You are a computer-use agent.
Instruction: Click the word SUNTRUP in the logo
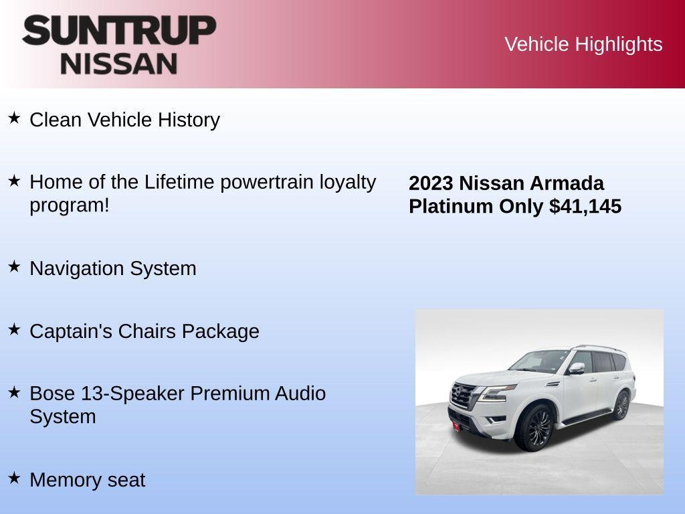point(119,31)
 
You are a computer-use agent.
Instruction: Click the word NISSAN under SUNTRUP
point(119,64)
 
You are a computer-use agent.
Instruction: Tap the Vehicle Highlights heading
point(583,44)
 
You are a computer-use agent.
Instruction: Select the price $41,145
point(585,206)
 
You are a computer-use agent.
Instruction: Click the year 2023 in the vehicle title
point(431,183)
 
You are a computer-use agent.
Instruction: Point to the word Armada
point(567,183)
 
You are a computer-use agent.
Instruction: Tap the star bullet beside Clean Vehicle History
point(14,118)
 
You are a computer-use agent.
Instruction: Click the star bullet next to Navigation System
point(14,266)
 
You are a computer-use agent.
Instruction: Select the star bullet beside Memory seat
point(14,478)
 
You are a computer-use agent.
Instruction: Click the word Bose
point(52,394)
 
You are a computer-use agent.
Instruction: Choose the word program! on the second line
point(69,205)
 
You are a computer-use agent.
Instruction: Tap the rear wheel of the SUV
point(621,404)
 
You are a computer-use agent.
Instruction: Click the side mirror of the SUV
point(577,367)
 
